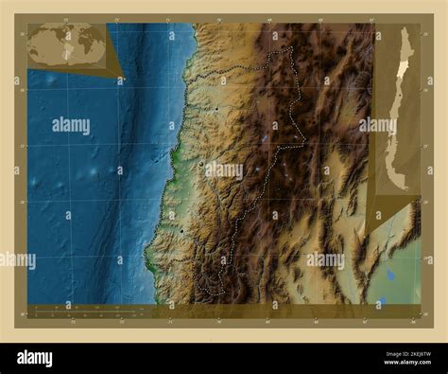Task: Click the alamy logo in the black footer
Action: [x=35, y=356]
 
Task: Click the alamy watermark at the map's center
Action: [x=224, y=170]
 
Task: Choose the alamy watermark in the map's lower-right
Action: [x=325, y=259]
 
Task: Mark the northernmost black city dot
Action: [x=216, y=109]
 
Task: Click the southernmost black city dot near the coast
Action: [x=181, y=229]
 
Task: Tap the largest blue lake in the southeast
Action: [x=390, y=276]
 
